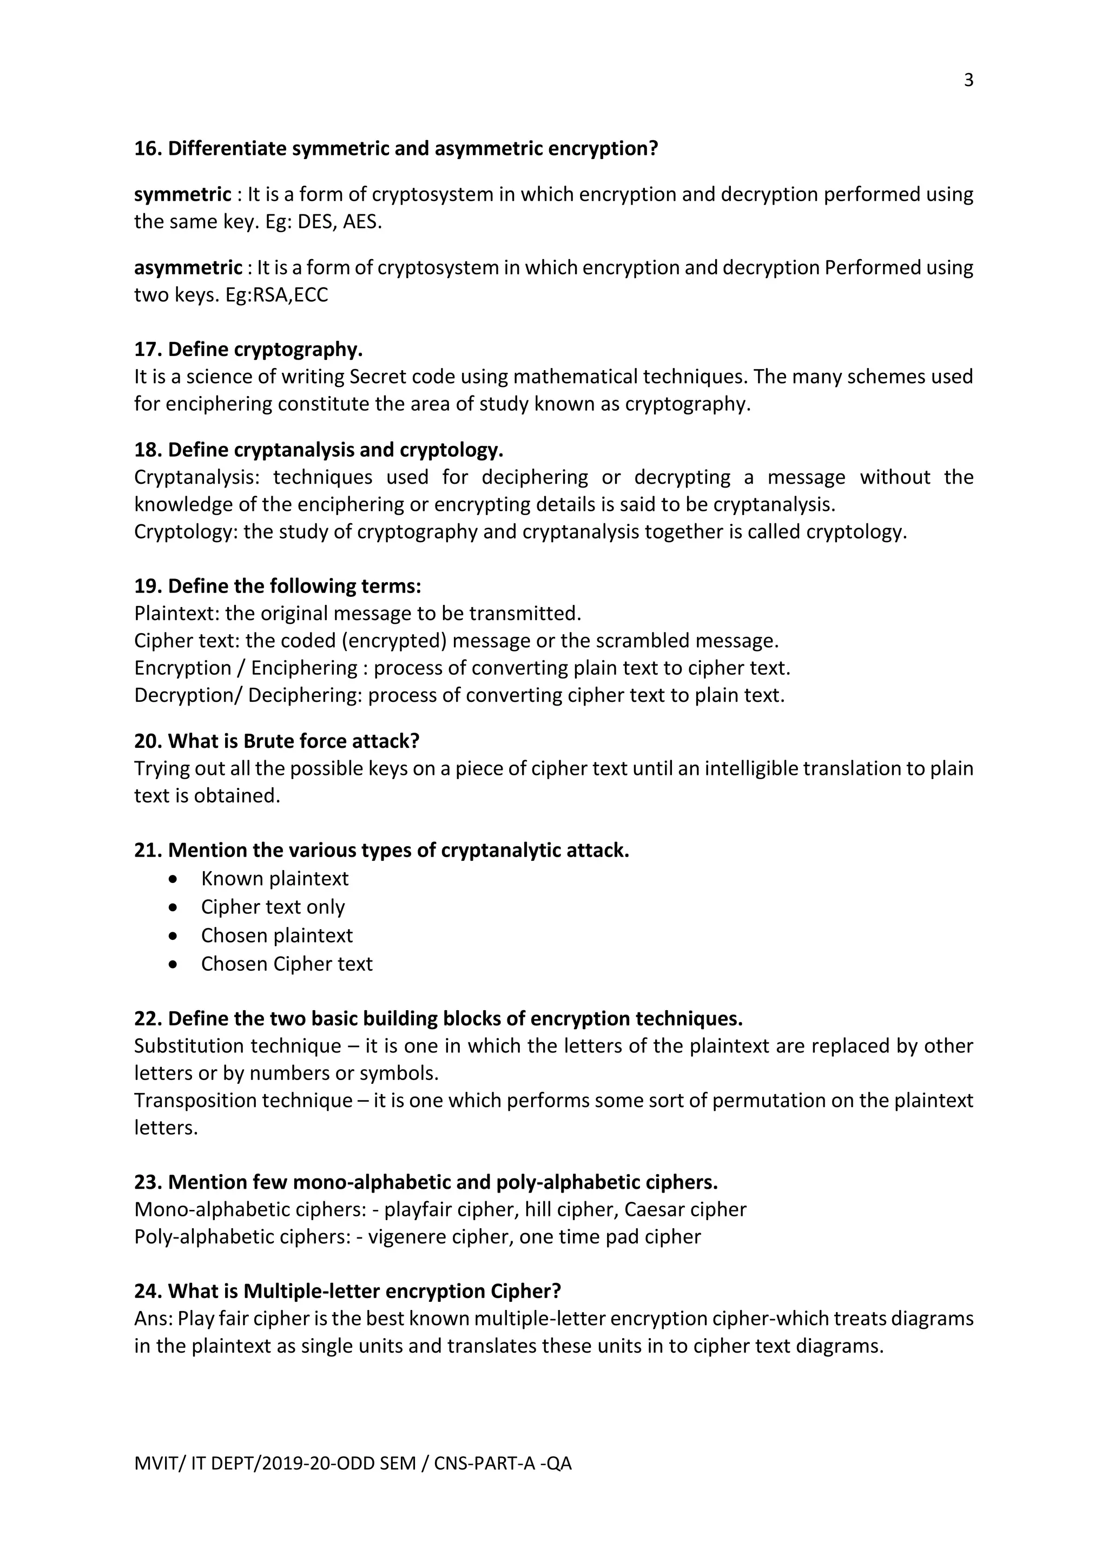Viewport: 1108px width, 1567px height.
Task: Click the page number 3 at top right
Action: pos(968,81)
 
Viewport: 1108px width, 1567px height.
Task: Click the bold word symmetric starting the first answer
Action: pos(182,194)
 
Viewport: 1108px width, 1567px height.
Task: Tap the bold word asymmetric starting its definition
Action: pos(188,267)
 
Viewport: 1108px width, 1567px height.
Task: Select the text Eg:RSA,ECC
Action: pos(276,295)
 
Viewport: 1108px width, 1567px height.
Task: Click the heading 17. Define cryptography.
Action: pos(248,350)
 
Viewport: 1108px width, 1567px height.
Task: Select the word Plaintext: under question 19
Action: pos(177,614)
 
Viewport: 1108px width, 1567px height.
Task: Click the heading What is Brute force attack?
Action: pos(293,741)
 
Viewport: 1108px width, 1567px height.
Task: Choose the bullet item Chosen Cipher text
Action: pos(287,964)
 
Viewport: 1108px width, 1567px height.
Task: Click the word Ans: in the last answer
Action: pos(154,1319)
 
